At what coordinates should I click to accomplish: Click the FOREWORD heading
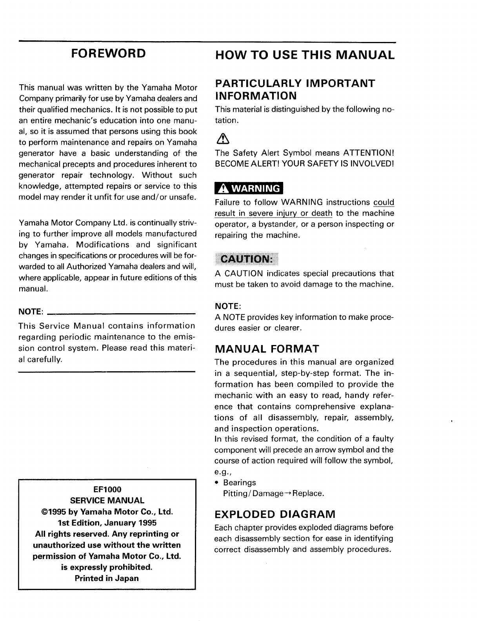tap(107, 53)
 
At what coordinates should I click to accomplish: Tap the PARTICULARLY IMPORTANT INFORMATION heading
tap(295, 89)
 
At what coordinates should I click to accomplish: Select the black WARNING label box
tap(249, 189)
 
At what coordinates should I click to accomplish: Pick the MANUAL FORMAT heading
tap(267, 349)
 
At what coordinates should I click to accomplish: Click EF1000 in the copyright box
tap(107, 489)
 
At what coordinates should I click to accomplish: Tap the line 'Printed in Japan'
tap(107, 578)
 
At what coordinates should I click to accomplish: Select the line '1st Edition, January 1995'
tap(107, 523)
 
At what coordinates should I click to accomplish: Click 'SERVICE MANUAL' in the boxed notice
tap(107, 501)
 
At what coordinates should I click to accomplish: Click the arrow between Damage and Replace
tap(288, 493)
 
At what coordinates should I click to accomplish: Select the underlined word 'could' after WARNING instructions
tap(384, 202)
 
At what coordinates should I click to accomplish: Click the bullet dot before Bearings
tap(217, 483)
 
